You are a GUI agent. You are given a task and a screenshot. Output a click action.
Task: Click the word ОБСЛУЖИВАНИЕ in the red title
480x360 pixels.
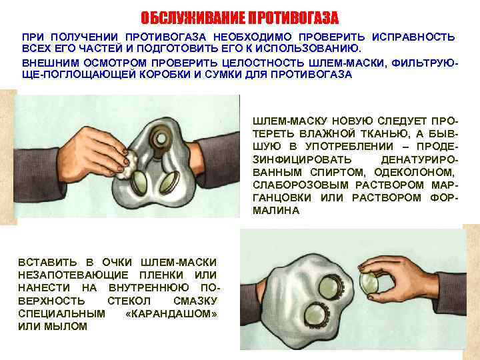tap(193, 18)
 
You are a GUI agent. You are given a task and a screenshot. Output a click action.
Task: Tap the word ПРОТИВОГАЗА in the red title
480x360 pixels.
tap(293, 18)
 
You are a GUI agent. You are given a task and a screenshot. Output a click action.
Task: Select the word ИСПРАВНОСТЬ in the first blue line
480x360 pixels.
tap(413, 37)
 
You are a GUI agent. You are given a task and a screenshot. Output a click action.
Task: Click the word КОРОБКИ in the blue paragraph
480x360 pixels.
tap(165, 75)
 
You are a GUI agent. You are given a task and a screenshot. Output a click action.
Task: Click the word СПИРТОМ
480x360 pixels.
tap(338, 173)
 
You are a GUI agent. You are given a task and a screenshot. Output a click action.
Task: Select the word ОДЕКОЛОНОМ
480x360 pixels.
tap(413, 173)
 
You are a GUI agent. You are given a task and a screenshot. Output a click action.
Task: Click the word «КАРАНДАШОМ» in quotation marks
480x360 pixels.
tap(172, 314)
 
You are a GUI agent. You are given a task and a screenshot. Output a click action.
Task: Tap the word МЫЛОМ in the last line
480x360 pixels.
tap(66, 327)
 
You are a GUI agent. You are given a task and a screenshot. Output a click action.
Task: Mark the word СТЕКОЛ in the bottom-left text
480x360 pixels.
tap(129, 301)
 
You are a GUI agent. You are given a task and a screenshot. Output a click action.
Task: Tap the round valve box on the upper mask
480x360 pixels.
tap(160, 139)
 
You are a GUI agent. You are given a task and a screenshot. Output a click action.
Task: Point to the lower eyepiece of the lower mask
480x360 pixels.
tap(316, 315)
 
